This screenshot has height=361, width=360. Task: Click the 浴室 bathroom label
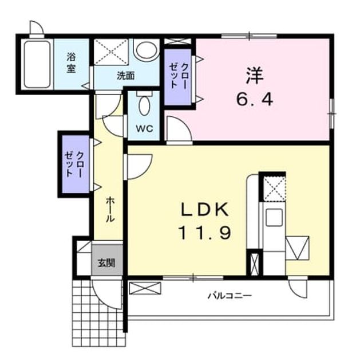71,63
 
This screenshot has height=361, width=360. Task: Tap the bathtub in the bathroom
37,64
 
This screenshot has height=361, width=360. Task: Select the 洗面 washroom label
125,76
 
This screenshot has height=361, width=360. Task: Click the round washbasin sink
147,50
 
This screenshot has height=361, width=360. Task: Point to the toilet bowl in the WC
144,105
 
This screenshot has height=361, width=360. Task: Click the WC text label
144,128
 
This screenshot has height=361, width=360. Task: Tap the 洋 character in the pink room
255,75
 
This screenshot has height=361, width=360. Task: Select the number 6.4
255,100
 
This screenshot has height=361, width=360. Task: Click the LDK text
205,209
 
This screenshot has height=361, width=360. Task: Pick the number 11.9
204,233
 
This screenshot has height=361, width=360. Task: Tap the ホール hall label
110,209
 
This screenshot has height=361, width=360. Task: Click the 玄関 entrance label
106,262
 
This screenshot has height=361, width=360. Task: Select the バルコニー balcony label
230,295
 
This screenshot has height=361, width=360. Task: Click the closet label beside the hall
74,164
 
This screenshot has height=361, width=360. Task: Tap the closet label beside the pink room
178,75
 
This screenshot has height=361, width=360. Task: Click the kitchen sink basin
274,217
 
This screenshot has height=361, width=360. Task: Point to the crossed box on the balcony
145,288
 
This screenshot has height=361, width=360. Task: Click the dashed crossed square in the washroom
111,52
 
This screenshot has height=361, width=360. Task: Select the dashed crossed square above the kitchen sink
274,189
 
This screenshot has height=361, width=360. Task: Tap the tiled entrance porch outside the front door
99,313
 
